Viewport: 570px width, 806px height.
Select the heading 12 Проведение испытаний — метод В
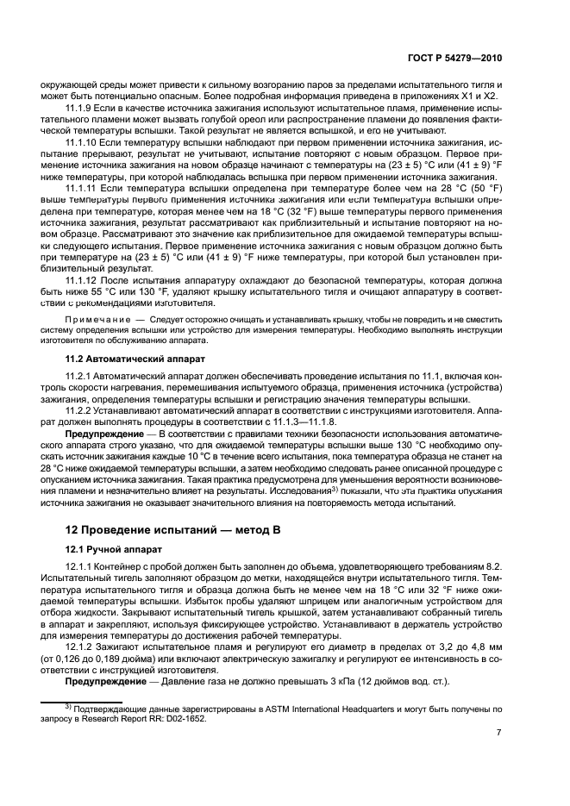point(169,528)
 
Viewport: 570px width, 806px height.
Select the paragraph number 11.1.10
point(83,141)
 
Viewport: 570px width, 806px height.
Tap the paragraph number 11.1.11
point(83,187)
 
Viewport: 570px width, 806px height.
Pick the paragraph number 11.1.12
point(83,280)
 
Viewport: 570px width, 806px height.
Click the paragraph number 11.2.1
point(80,377)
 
